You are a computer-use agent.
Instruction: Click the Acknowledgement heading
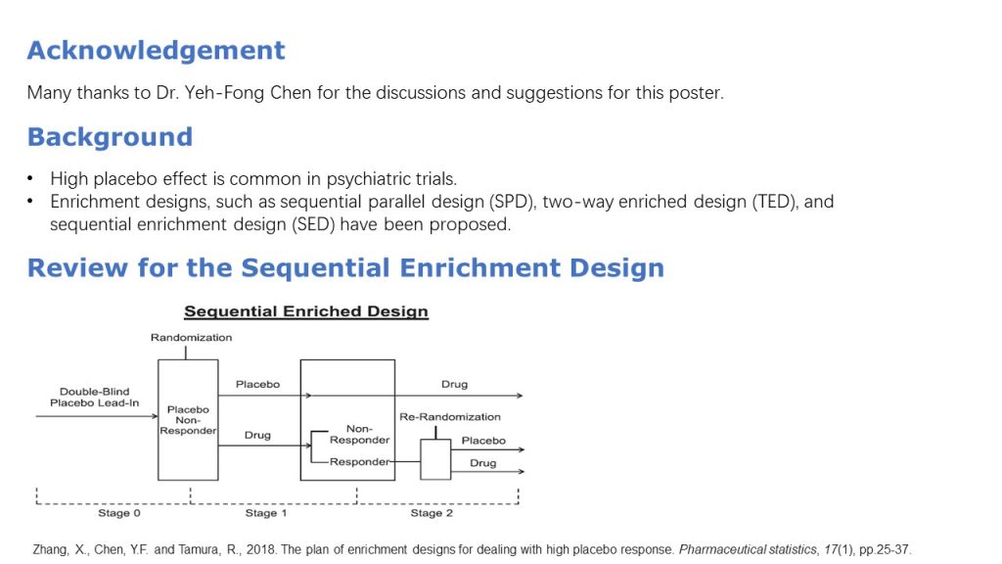tap(156, 50)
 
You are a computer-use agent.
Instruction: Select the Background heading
tap(110, 136)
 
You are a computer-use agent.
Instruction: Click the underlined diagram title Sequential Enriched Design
tap(305, 312)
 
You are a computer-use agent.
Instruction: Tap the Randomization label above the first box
tap(191, 338)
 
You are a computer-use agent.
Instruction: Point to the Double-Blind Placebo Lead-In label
tap(94, 398)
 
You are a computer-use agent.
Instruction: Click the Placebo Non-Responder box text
tap(188, 420)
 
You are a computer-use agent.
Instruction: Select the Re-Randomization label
tap(449, 417)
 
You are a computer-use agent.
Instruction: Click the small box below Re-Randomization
tap(435, 459)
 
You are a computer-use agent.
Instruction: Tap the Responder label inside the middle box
tap(359, 462)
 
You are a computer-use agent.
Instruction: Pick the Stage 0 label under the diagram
tap(119, 513)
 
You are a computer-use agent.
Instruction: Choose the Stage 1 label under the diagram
tap(266, 513)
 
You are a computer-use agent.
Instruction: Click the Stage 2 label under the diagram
tap(432, 513)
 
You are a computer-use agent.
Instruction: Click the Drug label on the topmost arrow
tap(454, 385)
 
